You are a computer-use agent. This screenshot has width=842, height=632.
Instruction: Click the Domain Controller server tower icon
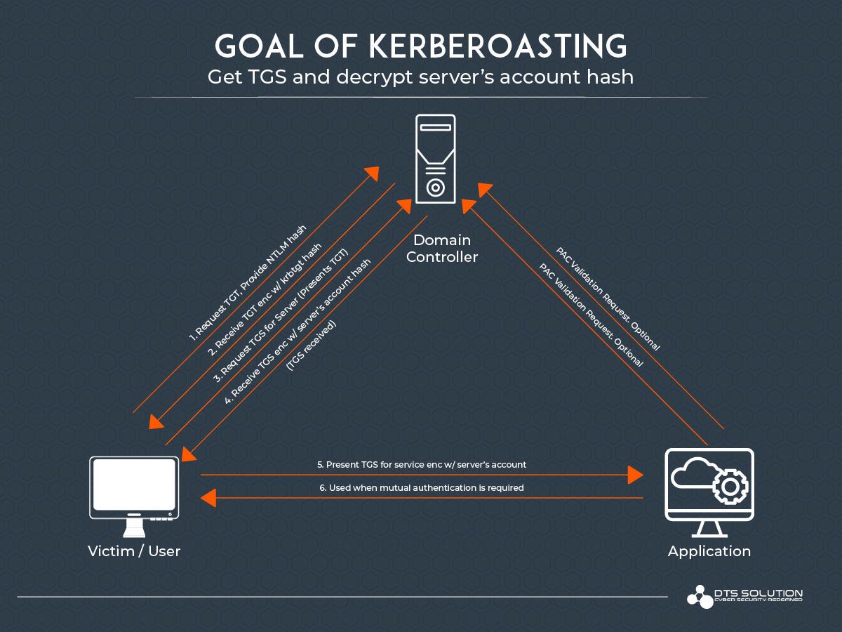[435, 159]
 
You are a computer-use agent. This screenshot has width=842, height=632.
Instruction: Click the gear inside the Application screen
[730, 486]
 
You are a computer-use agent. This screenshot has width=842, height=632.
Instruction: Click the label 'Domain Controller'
[442, 248]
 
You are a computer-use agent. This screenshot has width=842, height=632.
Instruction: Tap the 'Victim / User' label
[134, 551]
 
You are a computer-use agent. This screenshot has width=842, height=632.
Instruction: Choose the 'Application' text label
[709, 551]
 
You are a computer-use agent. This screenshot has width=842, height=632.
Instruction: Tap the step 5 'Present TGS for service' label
[421, 464]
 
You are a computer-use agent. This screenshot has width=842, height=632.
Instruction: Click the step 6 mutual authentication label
[421, 487]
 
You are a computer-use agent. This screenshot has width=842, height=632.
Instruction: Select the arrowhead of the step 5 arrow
[636, 475]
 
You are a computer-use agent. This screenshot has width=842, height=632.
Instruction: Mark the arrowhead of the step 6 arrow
[208, 499]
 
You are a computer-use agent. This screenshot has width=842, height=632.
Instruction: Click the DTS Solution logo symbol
[699, 596]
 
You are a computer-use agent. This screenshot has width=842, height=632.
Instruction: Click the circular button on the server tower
[435, 187]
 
